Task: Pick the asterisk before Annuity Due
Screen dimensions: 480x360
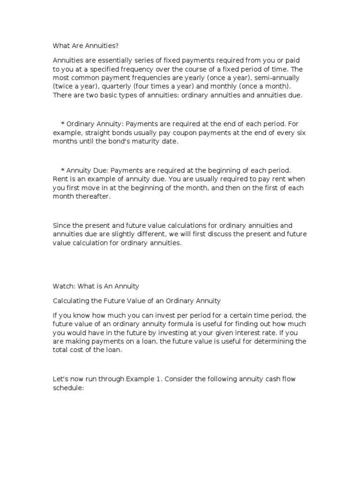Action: click(63, 171)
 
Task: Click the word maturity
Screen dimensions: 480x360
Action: click(127, 142)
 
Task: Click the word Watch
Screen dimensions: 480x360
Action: click(64, 285)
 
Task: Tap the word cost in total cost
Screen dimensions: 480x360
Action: click(81, 350)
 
